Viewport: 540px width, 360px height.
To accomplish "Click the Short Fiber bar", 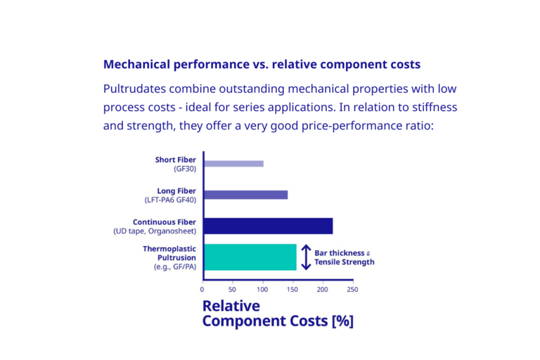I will (233, 164).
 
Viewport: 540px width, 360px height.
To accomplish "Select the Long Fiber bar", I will (245, 195).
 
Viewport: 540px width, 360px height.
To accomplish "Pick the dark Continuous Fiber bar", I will (268, 226).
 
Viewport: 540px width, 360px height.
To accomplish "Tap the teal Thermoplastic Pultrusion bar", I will (250, 257).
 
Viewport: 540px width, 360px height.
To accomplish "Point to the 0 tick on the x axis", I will (202, 289).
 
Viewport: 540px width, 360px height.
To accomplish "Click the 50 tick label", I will (233, 289).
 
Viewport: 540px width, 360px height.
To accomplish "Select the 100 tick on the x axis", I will (263, 289).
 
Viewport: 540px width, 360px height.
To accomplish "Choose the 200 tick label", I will (323, 289).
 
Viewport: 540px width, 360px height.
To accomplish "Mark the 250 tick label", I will (352, 289).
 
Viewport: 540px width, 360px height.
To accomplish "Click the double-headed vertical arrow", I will (306, 257).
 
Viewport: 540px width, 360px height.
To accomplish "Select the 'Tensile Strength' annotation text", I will (345, 262).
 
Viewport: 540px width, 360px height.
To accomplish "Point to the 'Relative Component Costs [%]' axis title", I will (278, 314).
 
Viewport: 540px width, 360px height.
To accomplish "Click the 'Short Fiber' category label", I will (176, 160).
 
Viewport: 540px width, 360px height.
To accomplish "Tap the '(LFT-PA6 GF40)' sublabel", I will (171, 200).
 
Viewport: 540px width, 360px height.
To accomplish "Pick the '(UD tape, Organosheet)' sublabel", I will (155, 231).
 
